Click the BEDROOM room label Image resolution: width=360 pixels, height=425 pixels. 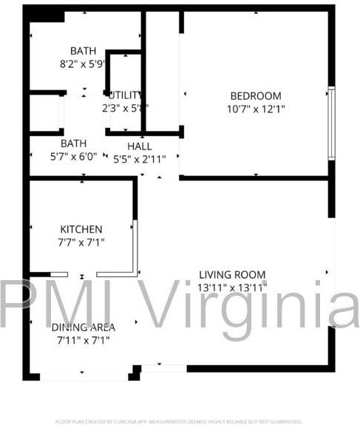click(x=256, y=95)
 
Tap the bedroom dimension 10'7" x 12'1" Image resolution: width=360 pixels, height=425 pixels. click(x=256, y=109)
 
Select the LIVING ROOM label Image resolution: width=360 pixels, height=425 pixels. click(x=232, y=274)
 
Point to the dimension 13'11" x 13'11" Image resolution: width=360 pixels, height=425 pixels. click(x=232, y=287)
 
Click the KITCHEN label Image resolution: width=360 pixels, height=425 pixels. click(x=81, y=229)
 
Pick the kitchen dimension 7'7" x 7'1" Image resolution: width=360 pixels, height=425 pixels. click(x=81, y=242)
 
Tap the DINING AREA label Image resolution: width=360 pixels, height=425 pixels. click(x=83, y=327)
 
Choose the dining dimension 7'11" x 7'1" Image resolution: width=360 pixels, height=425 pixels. click(x=83, y=340)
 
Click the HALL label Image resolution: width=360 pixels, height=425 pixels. click(x=140, y=146)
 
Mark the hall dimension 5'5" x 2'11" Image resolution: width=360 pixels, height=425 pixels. click(x=140, y=158)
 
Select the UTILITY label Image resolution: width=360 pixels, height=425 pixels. click(x=125, y=95)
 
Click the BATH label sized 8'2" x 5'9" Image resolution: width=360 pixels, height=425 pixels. click(x=83, y=50)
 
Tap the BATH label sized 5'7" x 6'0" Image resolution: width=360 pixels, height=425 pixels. click(x=73, y=143)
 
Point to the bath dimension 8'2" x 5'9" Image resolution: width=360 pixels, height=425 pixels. click(x=83, y=64)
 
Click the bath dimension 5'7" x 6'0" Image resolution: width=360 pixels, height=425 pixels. click(x=73, y=156)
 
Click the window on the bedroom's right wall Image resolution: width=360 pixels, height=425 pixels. click(x=332, y=123)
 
